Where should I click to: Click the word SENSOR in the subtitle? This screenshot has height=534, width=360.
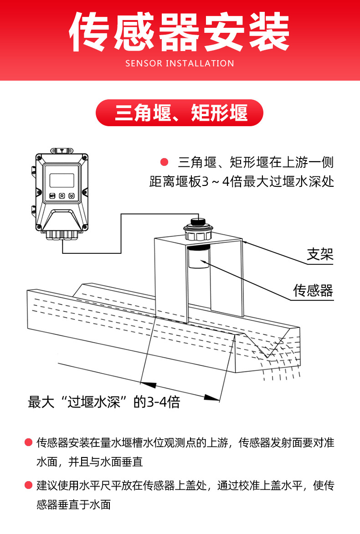click(x=144, y=63)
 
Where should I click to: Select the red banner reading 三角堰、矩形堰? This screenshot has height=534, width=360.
click(x=180, y=113)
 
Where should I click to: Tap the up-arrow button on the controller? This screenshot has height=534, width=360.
click(x=62, y=196)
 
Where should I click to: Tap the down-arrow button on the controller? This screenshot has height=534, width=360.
click(x=72, y=196)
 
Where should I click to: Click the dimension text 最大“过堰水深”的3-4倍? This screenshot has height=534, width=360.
click(x=104, y=402)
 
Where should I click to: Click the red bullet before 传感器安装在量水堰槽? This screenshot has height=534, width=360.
click(x=28, y=442)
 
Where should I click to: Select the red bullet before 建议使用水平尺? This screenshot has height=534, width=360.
click(x=28, y=485)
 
